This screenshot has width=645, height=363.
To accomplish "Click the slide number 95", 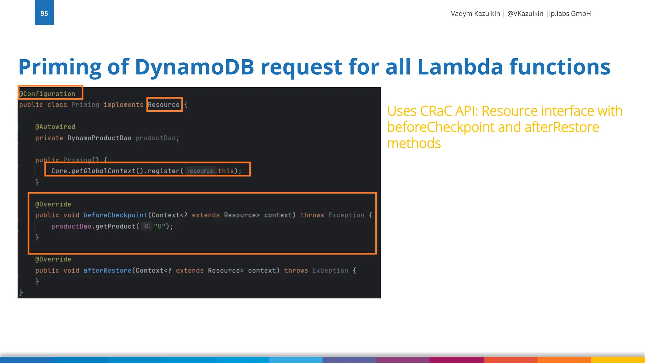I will point(44,14).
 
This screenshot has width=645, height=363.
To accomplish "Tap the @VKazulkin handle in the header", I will point(525,14).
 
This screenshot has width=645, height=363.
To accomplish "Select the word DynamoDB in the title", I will point(194,67).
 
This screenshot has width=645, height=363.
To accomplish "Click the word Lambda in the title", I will point(460,67).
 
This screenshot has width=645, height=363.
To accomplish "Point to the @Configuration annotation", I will point(48,94).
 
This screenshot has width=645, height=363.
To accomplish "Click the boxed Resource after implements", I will point(164,105).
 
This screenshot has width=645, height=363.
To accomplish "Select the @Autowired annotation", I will point(55,127).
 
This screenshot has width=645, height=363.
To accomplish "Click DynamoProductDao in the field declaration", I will point(99,138).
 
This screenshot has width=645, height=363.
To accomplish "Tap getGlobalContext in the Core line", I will point(103,171).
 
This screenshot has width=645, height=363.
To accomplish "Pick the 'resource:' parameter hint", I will point(201,171).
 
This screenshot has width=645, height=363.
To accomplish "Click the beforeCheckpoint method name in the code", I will point(115,215).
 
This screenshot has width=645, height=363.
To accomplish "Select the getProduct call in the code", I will point(115,226).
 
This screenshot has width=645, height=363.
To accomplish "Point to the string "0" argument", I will point(159,226).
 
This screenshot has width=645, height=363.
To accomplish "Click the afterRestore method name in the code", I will point(107,270).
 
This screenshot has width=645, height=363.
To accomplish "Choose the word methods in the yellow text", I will point(414,143).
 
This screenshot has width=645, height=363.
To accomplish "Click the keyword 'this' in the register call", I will point(226,171).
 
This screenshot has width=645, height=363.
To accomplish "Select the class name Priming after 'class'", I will point(85,105).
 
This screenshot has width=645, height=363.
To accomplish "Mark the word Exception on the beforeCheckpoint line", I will point(346,215).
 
